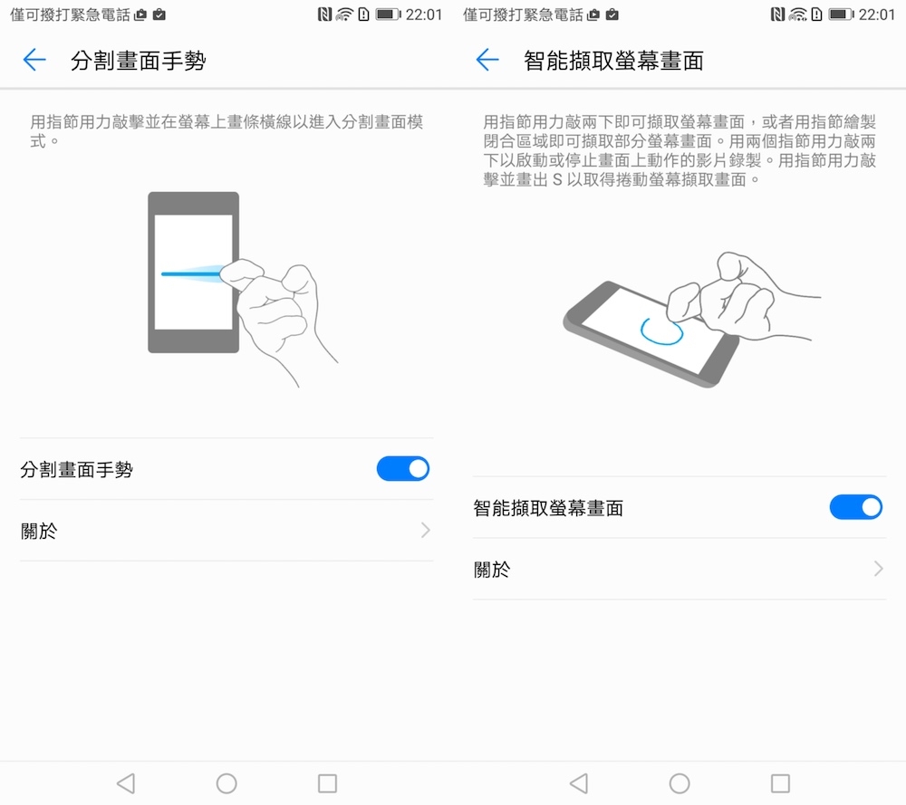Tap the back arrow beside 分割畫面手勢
point(34,60)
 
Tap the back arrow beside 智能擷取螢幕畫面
point(487,60)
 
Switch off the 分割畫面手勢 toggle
point(403,469)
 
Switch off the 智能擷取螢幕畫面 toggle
point(856,508)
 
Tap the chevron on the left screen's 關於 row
point(426,530)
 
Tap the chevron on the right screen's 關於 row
point(879,569)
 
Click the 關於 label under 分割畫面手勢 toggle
point(39,531)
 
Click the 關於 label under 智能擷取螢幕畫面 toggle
point(492,570)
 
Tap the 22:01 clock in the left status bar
point(423,14)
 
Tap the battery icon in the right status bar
point(841,14)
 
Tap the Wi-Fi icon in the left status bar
point(343,14)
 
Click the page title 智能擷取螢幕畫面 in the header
point(613,61)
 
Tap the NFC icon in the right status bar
point(777,14)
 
